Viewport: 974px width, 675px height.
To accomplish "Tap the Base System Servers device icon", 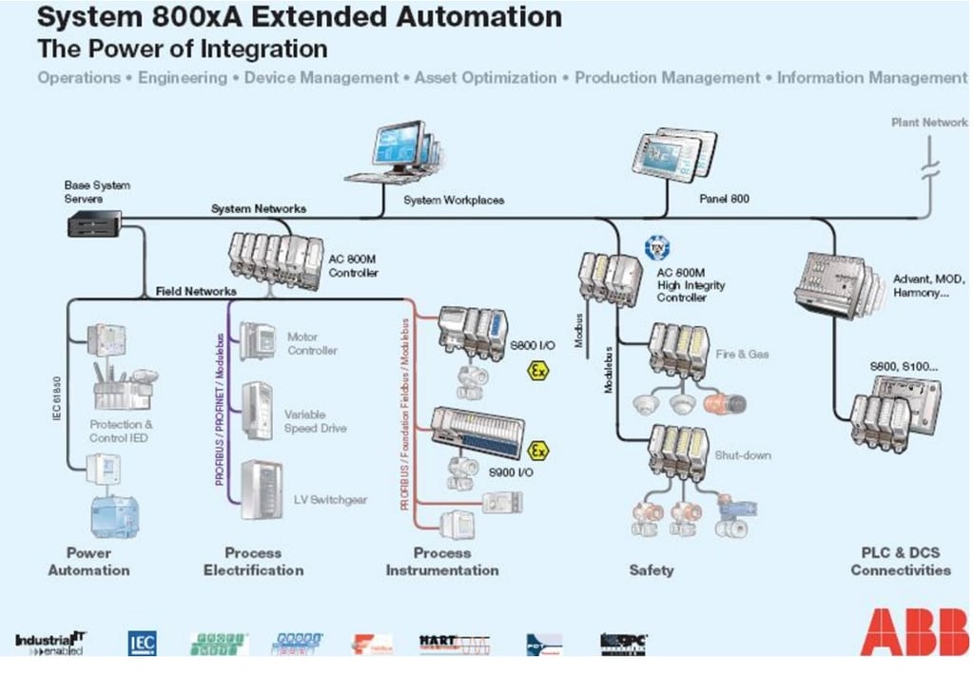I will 89,223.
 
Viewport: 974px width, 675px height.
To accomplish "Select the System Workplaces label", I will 454,201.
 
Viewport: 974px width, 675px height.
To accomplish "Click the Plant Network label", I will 929,122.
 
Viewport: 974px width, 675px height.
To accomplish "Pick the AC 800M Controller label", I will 354,265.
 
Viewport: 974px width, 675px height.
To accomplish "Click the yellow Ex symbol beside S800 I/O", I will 538,371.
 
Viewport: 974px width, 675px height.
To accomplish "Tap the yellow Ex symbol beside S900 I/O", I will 538,450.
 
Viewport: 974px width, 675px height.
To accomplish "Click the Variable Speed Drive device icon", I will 257,410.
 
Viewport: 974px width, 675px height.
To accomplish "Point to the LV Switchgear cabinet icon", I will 260,489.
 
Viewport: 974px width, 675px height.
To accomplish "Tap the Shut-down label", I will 743,455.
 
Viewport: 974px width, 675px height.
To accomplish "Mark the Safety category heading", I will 652,569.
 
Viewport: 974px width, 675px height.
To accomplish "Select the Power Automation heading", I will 88,561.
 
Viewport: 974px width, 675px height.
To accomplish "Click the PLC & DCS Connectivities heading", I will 900,561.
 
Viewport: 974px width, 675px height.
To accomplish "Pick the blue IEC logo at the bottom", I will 142,644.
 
